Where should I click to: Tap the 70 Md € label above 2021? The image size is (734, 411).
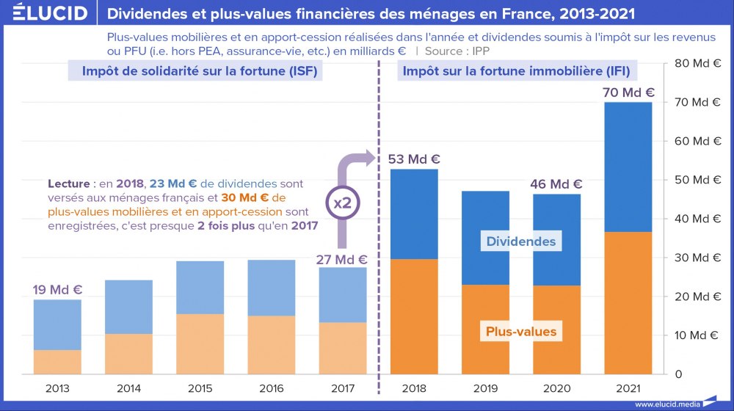tap(628, 93)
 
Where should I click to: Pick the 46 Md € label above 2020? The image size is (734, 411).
tap(556, 184)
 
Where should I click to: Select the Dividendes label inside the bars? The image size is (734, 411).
tap(521, 241)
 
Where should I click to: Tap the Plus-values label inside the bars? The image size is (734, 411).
tap(521, 332)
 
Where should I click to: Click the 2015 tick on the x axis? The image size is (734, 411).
tap(200, 388)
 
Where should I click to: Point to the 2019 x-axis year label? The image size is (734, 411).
tap(485, 388)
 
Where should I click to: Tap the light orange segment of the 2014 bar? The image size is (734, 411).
tap(128, 354)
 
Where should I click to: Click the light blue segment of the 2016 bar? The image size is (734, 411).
tap(271, 288)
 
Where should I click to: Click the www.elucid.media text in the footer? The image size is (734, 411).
tap(666, 404)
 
